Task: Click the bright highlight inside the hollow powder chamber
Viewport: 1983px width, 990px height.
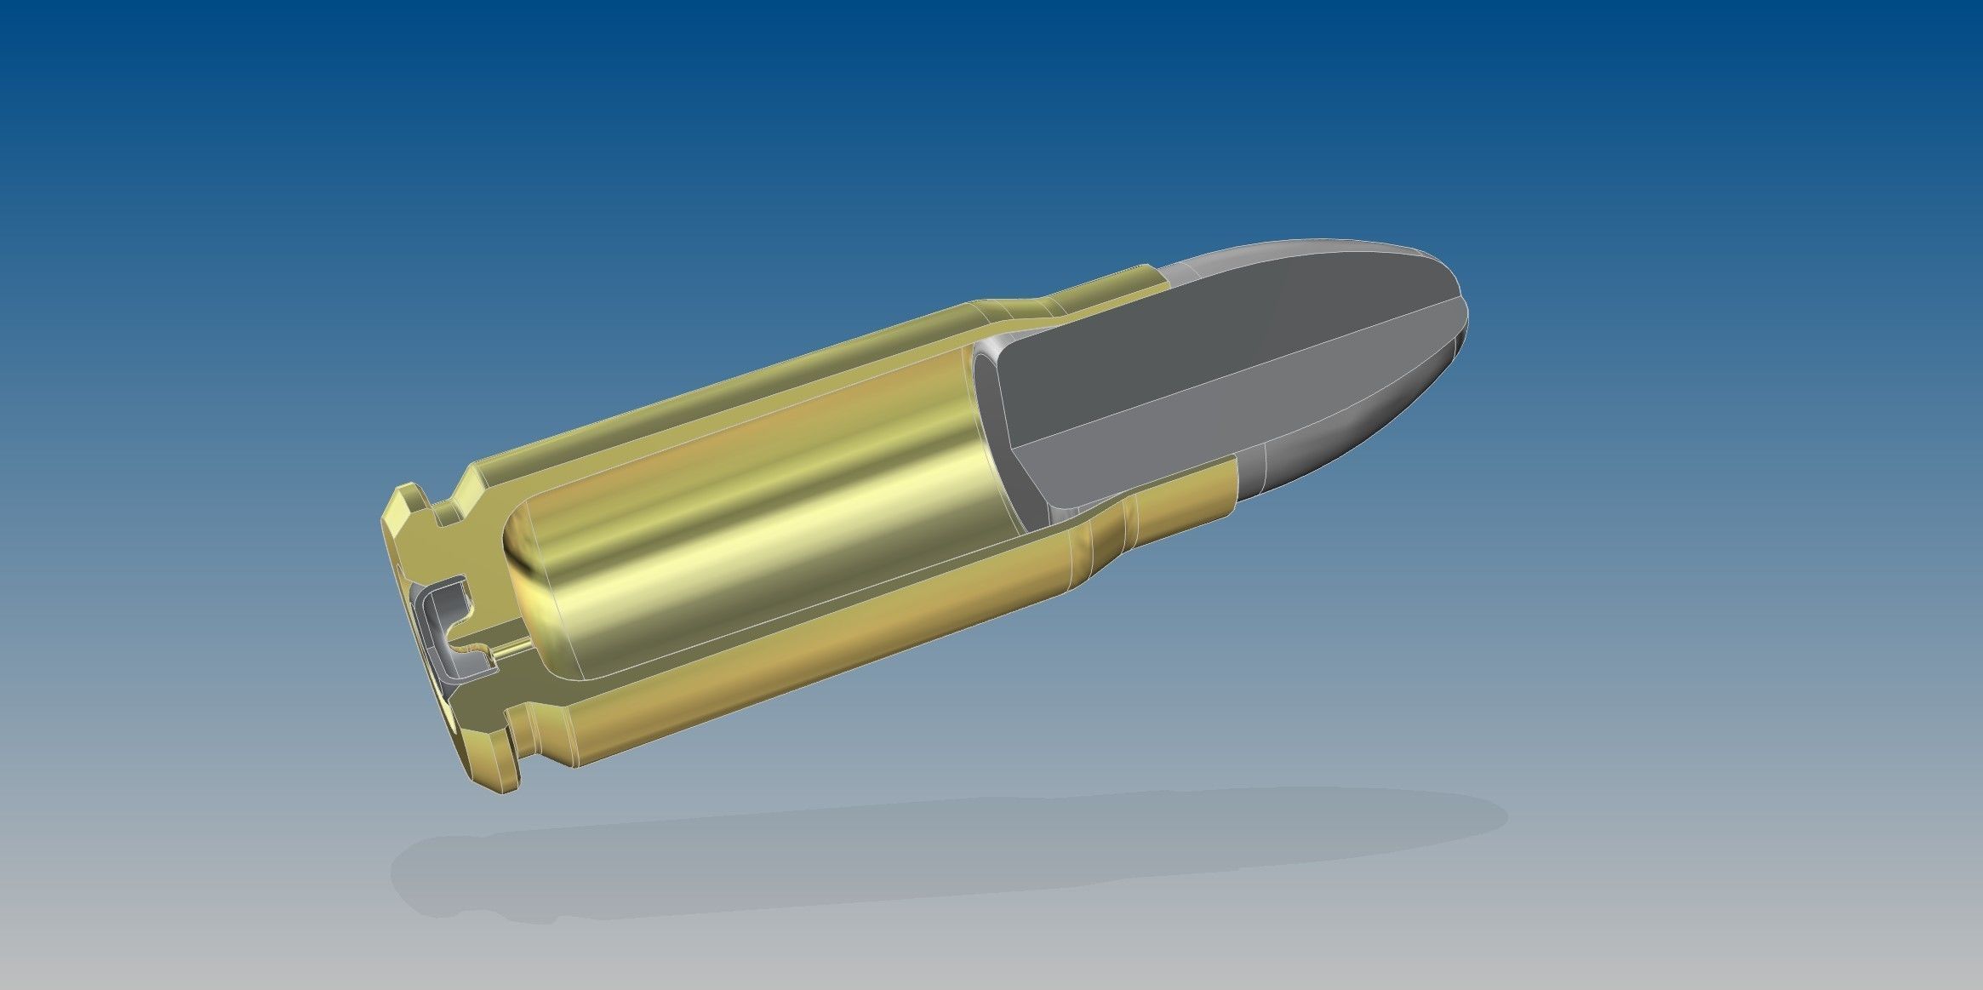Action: tap(766, 528)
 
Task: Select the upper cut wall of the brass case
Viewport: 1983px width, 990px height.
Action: tap(723, 409)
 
